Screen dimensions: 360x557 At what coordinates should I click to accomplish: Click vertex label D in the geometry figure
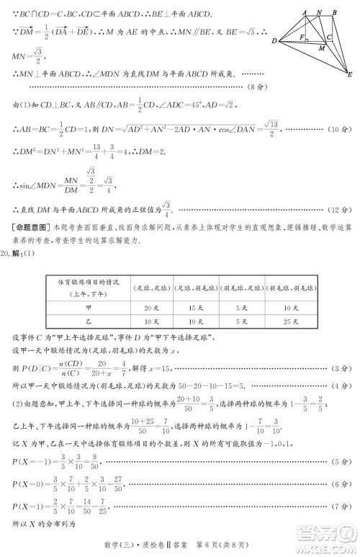click(275, 41)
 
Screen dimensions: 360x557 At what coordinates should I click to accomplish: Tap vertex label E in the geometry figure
click(349, 75)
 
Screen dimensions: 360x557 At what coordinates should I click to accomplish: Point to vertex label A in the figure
click(305, 12)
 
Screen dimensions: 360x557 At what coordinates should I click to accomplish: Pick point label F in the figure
click(302, 35)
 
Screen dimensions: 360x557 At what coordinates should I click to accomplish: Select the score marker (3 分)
click(339, 369)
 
